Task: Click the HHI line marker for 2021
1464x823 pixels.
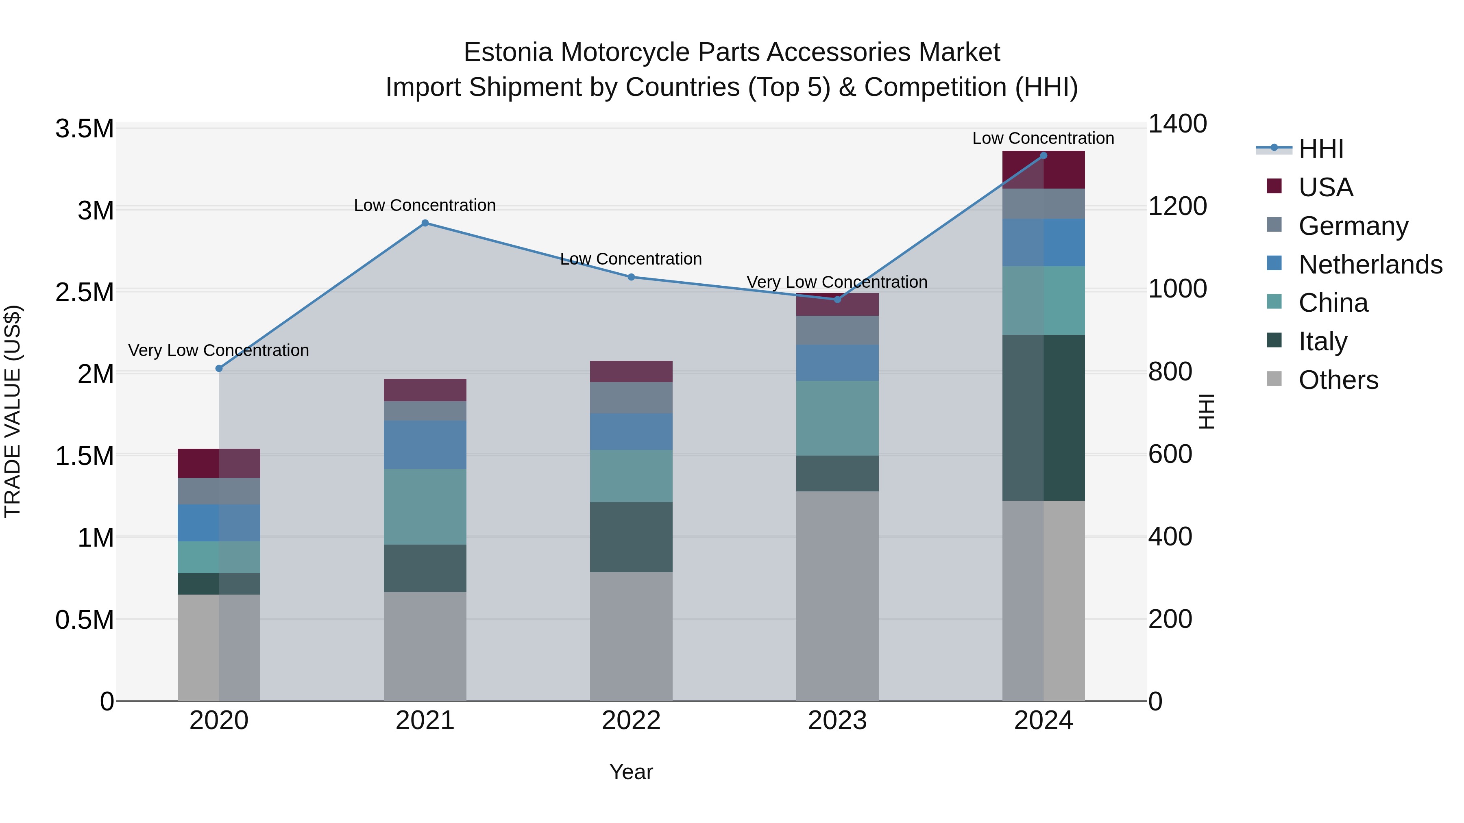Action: (x=425, y=223)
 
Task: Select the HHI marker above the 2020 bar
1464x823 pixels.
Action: (x=219, y=369)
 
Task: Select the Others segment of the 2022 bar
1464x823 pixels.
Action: (x=631, y=636)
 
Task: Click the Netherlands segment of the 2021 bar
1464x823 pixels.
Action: (x=425, y=445)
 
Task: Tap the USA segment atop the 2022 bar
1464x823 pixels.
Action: (x=631, y=371)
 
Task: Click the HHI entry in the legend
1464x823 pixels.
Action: (x=1320, y=149)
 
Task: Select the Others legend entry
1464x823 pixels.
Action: (x=1338, y=380)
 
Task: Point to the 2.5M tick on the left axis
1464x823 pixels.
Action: (x=84, y=293)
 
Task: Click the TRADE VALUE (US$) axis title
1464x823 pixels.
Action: (x=13, y=411)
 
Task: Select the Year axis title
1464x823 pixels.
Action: (x=631, y=772)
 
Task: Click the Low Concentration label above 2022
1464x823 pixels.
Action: (x=631, y=259)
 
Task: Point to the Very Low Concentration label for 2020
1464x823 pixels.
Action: (x=219, y=350)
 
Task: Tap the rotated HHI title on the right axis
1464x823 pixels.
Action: (x=1205, y=411)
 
